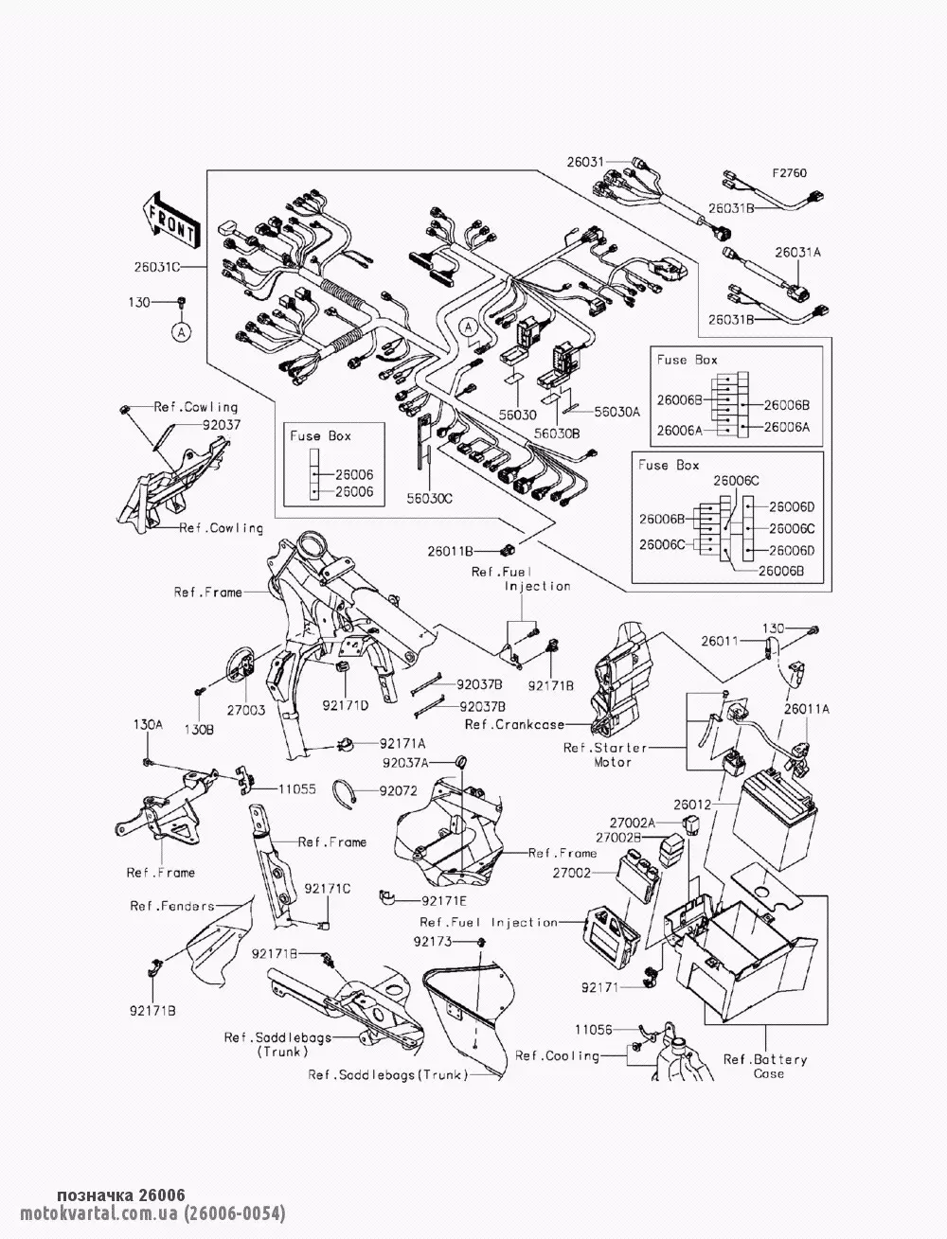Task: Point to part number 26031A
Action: (797, 253)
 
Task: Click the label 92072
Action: (399, 789)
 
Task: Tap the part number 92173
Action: (433, 942)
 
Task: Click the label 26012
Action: (692, 805)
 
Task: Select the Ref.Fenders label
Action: (172, 906)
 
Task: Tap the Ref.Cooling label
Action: (557, 1055)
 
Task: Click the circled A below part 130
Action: (181, 331)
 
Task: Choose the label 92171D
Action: (345, 704)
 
